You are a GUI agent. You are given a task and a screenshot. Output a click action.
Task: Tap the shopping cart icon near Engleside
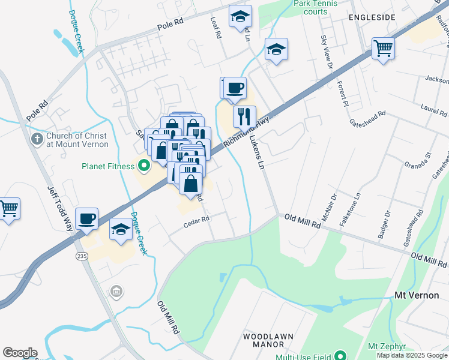click(x=383, y=47)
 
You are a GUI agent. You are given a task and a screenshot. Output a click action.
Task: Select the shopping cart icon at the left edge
click(x=8, y=209)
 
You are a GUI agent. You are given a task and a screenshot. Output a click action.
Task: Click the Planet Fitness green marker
click(x=143, y=165)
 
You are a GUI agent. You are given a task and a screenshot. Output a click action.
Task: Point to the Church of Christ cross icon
click(x=36, y=139)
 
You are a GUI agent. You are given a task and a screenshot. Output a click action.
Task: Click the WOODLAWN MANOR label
click(x=268, y=340)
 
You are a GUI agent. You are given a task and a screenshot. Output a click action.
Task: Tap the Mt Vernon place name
click(x=417, y=295)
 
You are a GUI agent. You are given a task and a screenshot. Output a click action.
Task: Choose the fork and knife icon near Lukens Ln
click(x=244, y=115)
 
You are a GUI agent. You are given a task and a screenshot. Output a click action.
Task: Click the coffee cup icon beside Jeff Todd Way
click(x=86, y=218)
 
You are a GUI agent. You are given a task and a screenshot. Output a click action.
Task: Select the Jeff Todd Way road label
click(x=59, y=207)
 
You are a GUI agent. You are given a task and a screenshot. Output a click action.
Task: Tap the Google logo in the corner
click(x=20, y=353)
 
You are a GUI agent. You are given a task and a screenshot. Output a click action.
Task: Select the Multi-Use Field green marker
click(x=340, y=356)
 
